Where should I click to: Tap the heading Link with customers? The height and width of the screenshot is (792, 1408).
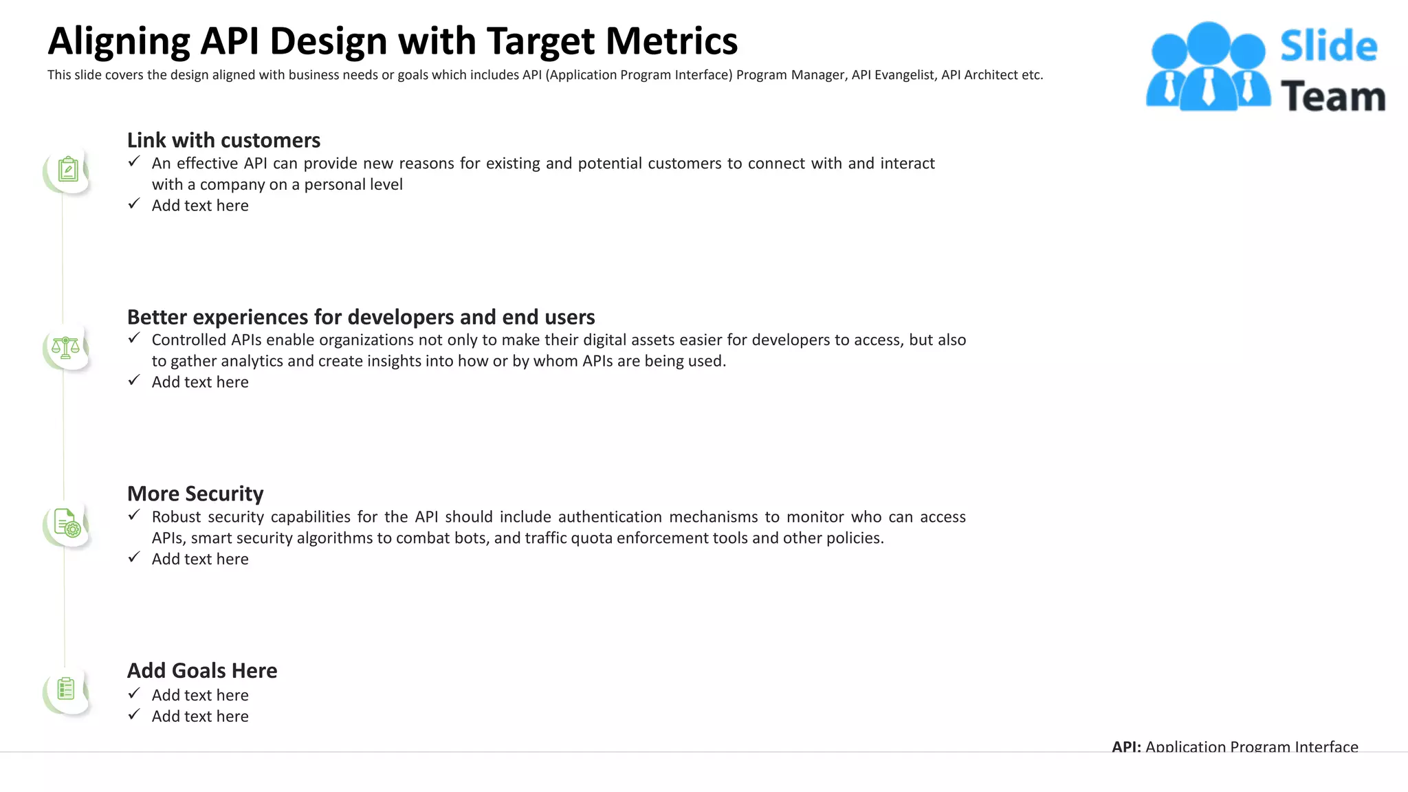click(x=223, y=140)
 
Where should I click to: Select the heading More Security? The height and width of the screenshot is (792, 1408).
click(x=195, y=494)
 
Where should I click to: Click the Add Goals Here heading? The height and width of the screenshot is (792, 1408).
click(x=202, y=670)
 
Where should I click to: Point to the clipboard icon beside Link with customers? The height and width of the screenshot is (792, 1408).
click(x=67, y=169)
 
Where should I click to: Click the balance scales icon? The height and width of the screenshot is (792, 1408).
click(x=66, y=347)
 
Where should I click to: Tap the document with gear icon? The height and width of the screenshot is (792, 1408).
click(x=67, y=523)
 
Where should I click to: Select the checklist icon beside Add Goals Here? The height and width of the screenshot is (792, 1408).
click(x=66, y=689)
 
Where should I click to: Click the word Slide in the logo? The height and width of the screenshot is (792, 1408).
click(x=1328, y=46)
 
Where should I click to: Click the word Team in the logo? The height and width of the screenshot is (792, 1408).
click(x=1332, y=96)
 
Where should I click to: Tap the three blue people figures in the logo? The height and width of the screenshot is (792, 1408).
click(x=1207, y=67)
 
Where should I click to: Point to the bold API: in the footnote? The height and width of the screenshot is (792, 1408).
click(x=1126, y=747)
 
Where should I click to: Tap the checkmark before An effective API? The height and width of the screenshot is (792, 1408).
click(x=134, y=162)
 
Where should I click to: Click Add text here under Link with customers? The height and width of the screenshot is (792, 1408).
click(x=200, y=206)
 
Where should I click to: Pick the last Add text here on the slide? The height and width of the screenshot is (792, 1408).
click(x=200, y=716)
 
